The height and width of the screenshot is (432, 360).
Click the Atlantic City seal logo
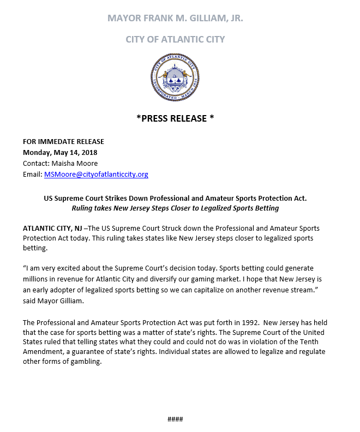175,77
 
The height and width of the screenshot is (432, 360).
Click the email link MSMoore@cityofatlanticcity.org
95,175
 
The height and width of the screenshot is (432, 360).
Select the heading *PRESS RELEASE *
175,118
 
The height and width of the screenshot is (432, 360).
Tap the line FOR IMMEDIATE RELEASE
63,142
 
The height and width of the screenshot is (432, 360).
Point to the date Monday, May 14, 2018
60,153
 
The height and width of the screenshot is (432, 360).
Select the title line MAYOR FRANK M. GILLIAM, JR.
175,18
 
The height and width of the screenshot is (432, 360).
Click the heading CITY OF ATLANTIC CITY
175,39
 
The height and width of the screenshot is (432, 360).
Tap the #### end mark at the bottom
175,419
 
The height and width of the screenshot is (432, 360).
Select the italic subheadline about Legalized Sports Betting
175,208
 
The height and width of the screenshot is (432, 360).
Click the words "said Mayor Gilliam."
53,301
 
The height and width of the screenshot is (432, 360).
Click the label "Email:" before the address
32,175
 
